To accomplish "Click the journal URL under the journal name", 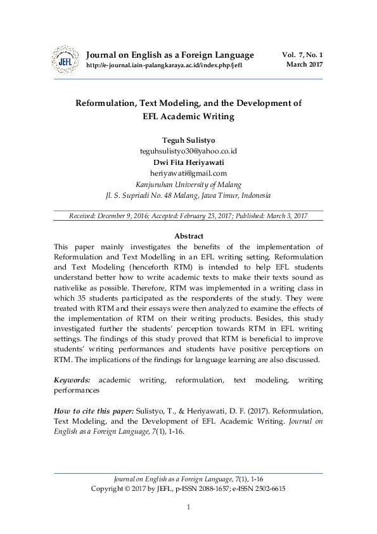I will [163, 65].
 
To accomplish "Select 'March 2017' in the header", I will [304, 64].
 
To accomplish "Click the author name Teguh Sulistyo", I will [188, 140].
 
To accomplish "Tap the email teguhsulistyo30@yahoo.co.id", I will [188, 151].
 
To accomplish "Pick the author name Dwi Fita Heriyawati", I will [188, 162].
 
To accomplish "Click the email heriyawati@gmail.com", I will [188, 173].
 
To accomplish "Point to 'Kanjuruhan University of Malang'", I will [188, 185].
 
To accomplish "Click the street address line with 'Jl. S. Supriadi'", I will [188, 196].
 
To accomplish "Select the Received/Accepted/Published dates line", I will [188, 216].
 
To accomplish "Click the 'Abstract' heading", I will [188, 236].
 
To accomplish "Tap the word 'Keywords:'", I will [72, 379].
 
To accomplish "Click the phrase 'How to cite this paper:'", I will [94, 412].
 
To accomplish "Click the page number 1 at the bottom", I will [188, 507].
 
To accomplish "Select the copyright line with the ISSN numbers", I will [188, 489].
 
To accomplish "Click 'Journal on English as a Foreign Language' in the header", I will [169, 55].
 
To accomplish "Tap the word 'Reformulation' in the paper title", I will [107, 103].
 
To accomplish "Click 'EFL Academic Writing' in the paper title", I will [188, 117].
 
